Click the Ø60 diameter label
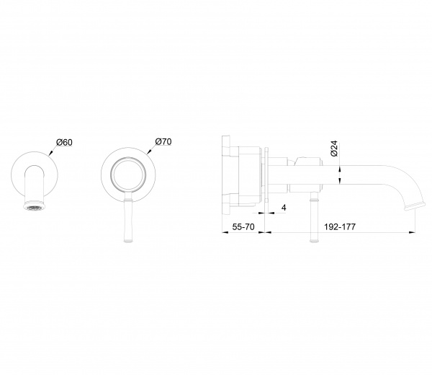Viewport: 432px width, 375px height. coord(64,142)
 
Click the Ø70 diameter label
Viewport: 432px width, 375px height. coord(163,141)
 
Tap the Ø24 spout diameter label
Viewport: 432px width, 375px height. coord(334,149)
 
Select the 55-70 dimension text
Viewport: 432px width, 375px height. coord(243,227)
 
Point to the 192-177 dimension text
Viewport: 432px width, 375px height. coord(340,227)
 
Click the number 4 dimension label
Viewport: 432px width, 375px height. coord(284,208)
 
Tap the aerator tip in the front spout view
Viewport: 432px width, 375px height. coord(35,206)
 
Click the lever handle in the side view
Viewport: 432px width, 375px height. coord(314,216)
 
